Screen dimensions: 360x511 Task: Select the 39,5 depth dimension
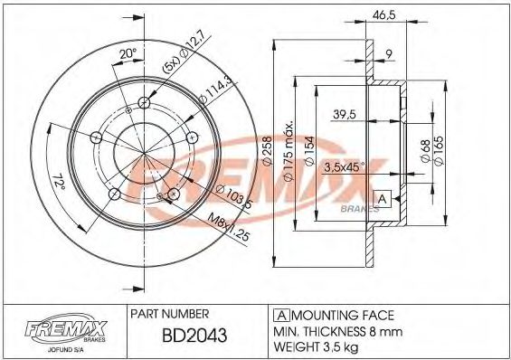[345, 114]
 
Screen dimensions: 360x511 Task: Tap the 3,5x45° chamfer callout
[345, 167]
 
